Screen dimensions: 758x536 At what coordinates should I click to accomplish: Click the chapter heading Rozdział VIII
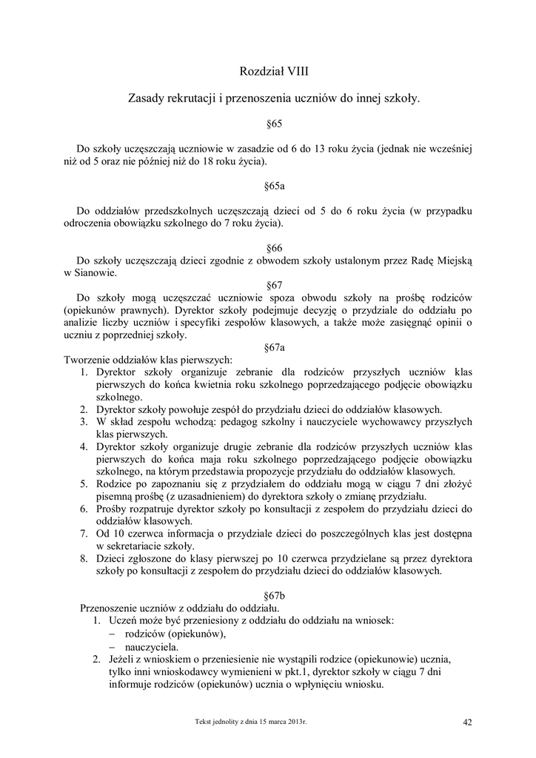point(273,71)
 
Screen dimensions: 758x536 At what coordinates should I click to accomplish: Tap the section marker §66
point(274,249)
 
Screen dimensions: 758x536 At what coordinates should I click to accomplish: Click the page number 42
point(466,722)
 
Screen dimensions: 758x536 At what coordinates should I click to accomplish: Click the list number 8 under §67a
point(84,559)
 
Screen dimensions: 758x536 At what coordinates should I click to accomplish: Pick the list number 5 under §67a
point(84,483)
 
